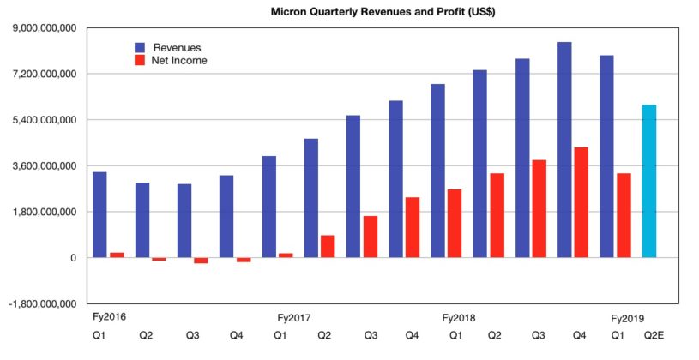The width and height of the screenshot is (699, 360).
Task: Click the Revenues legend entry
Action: coord(177,47)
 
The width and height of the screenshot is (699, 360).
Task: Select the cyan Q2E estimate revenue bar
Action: coord(649,181)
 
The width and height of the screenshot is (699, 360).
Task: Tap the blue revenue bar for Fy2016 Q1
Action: coord(99,214)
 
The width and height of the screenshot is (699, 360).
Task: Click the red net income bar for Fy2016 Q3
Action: coord(201,261)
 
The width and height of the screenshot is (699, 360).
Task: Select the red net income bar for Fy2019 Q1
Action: coord(624,215)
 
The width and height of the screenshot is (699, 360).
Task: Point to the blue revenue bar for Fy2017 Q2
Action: coord(310,198)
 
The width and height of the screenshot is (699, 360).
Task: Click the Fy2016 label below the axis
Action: coord(108,318)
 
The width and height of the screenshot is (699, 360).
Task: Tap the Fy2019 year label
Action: coord(627,318)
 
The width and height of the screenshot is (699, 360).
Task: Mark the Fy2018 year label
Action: coord(459,318)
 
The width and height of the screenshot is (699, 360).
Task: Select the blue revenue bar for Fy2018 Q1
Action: coord(437,171)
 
